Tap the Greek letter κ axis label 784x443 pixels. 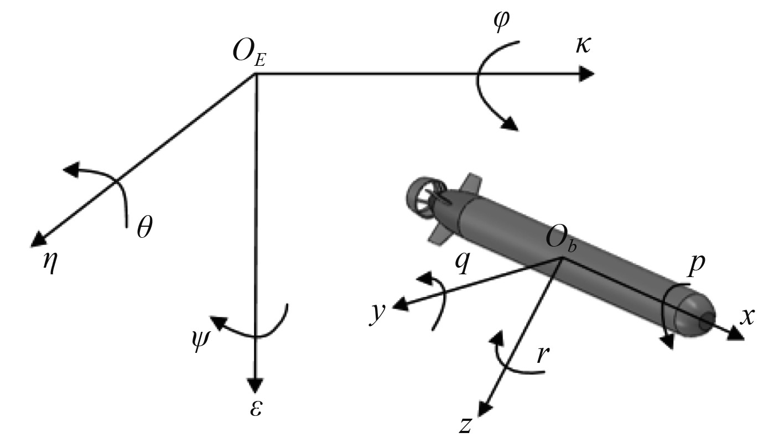(x=583, y=45)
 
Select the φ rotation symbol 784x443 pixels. (x=501, y=20)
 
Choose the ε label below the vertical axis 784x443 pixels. (x=256, y=408)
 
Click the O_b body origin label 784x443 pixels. (x=560, y=241)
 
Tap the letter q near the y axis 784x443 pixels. (x=463, y=263)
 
